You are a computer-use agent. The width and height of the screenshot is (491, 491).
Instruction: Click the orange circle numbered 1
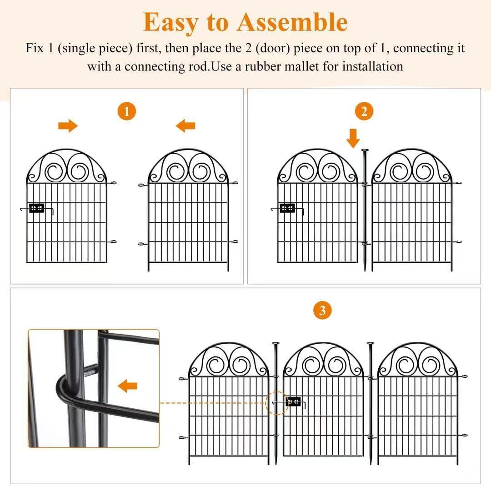point(127,111)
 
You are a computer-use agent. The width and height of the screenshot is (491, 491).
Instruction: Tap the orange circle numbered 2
point(364,111)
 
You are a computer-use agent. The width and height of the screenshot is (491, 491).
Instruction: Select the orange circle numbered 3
point(322,311)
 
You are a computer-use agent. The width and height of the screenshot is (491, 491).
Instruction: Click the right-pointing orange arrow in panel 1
point(68,126)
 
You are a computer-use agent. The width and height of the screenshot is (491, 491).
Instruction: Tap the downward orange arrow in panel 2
point(353,138)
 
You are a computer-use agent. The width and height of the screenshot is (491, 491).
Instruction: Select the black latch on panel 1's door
point(36,208)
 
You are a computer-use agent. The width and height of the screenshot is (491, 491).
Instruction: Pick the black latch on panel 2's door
point(287,208)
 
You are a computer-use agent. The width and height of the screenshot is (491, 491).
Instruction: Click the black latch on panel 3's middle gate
point(293,401)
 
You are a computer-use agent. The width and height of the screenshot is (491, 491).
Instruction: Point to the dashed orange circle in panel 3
point(276,402)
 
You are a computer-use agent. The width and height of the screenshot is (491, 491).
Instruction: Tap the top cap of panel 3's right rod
point(371,343)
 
